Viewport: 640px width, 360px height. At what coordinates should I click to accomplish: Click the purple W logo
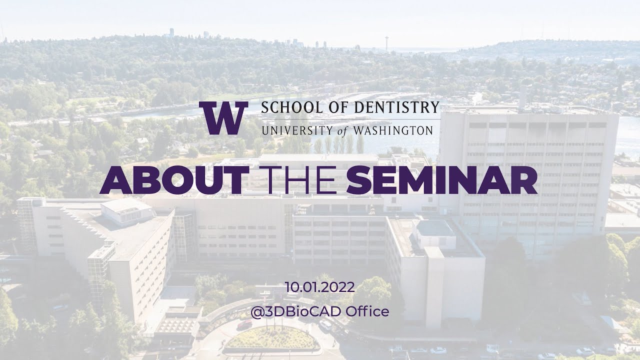(223, 117)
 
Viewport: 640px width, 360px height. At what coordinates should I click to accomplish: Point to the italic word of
(343, 131)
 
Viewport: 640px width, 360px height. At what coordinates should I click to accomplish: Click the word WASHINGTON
(393, 130)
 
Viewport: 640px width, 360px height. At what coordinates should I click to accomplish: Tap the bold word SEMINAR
(441, 180)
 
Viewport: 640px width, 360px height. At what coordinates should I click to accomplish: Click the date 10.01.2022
(320, 287)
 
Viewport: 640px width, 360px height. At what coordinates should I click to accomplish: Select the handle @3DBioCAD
(295, 311)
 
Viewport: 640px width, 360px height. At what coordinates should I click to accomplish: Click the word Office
(367, 311)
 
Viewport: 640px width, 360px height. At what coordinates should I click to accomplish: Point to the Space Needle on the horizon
(387, 43)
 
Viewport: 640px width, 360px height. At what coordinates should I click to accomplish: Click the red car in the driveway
(244, 324)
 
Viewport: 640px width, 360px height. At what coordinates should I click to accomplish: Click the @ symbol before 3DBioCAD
(257, 311)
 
